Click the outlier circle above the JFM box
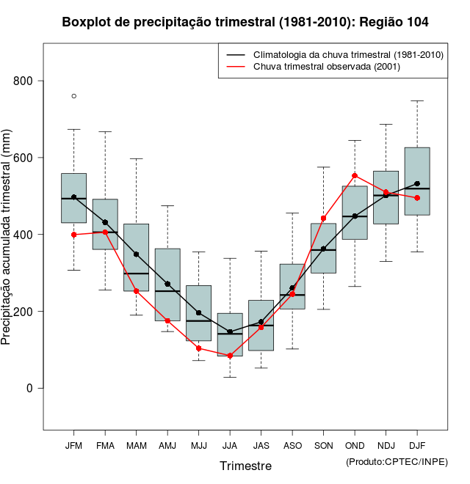pos(74,96)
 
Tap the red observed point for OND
pos(355,176)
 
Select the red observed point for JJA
pos(230,356)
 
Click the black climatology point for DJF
pos(417,183)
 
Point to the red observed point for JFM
pos(74,235)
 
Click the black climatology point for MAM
pos(137,254)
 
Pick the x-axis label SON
pos(323,445)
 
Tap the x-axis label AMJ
pos(167,445)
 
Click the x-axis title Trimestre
pos(245,466)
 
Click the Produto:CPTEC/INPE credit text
pos(397,461)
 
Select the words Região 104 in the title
pos(394,23)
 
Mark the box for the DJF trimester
pos(417,181)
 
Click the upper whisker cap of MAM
pos(137,158)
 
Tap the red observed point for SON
pos(324,218)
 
